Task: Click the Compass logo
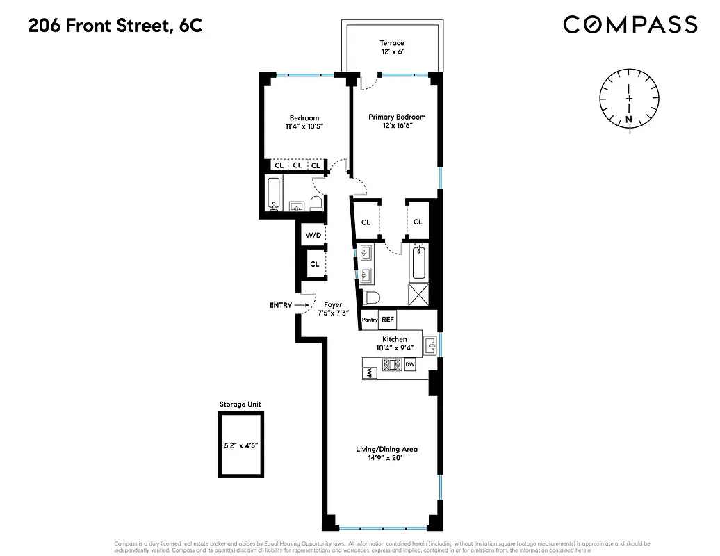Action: (630, 25)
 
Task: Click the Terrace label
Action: (391, 43)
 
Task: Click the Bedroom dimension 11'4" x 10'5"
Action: (304, 127)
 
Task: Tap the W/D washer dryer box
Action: (313, 236)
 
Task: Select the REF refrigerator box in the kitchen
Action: (388, 320)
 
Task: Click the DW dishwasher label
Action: (410, 364)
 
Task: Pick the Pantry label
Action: (370, 320)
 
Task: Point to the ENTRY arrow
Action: (300, 305)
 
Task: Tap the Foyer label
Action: (333, 305)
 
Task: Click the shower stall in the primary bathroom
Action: (420, 295)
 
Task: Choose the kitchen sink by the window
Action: (430, 343)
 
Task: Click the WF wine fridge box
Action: (370, 373)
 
